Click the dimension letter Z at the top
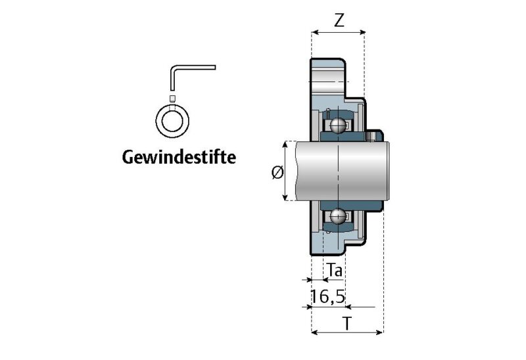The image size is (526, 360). pos(339,20)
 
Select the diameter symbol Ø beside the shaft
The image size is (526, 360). pos(277,172)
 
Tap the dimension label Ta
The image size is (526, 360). pos(335,269)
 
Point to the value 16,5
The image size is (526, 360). pos(328,296)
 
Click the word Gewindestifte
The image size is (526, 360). pos(178,158)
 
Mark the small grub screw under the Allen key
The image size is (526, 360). pos(172,98)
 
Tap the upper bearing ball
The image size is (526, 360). pos(338,125)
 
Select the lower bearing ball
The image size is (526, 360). pos(338,216)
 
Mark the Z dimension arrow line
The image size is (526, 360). pos(338,32)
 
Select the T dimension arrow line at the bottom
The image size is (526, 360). pos(347,333)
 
